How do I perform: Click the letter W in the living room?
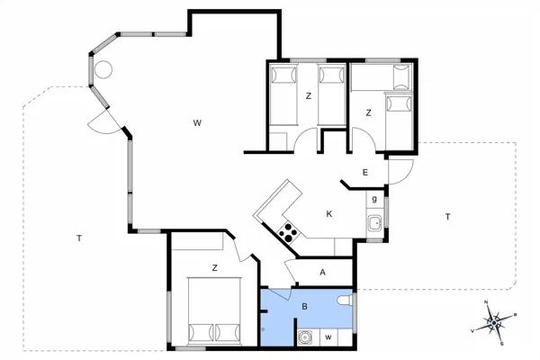tap(195, 123)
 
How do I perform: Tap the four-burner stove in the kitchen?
tap(289, 233)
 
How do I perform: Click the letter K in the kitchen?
tap(329, 214)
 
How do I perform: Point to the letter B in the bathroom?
tap(305, 307)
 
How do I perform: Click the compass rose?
tap(494, 321)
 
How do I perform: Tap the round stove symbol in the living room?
tap(103, 68)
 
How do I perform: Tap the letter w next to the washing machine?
tap(328, 337)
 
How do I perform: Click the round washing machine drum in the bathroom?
tap(306, 338)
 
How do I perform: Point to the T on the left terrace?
tap(79, 238)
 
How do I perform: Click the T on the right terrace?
tap(446, 216)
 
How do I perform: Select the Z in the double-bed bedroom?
tap(214, 267)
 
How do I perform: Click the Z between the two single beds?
tap(308, 95)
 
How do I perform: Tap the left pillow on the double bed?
tap(200, 332)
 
